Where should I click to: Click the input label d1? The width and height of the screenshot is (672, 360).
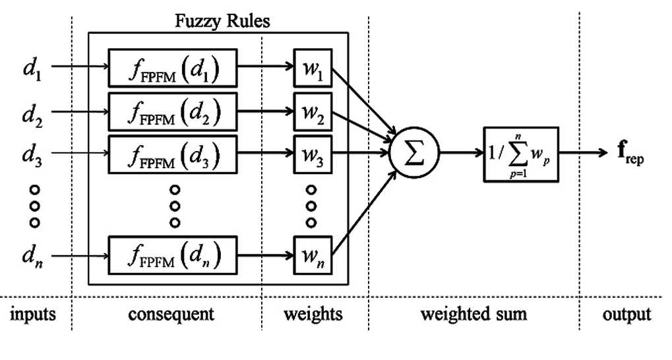click(32, 69)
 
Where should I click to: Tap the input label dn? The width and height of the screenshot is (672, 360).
click(32, 256)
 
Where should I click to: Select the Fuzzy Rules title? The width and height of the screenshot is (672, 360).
click(222, 20)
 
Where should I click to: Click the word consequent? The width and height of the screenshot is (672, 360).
click(171, 314)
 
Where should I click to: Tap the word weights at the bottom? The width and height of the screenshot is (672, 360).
click(313, 315)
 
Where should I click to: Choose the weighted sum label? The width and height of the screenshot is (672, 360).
click(473, 315)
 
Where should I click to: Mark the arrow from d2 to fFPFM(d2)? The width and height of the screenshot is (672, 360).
click(80, 111)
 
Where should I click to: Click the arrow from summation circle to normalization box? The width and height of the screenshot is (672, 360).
click(462, 152)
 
